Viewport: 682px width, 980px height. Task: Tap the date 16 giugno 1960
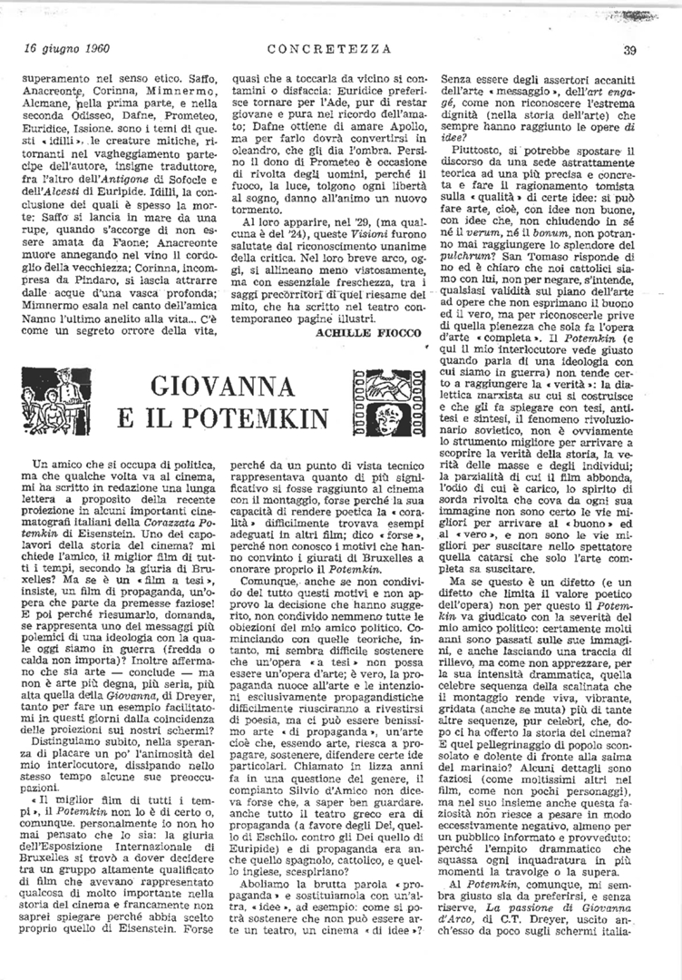[x=62, y=49]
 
